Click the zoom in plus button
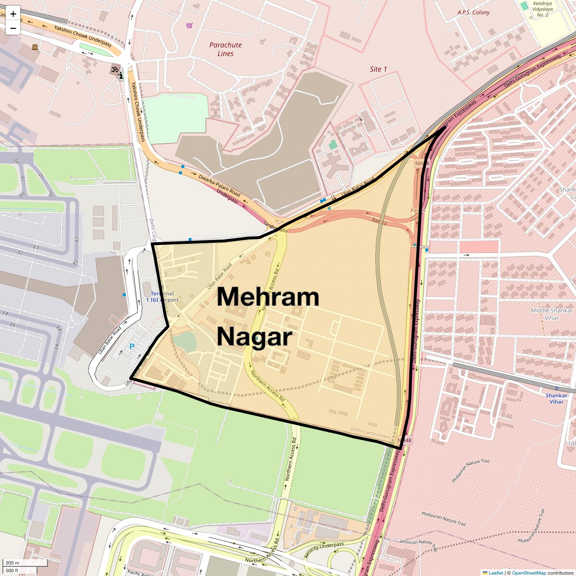tap(13, 13)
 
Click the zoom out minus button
tap(13, 28)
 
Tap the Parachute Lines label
tap(226, 49)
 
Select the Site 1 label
tap(378, 69)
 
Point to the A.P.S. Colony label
tap(473, 12)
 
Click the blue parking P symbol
tap(132, 346)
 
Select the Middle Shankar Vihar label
tap(552, 314)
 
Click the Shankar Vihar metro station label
tap(557, 398)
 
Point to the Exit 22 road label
tap(379, 221)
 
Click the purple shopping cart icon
tap(190, 25)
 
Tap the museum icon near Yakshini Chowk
tap(35, 47)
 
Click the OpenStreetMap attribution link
tap(528, 573)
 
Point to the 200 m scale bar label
tap(12, 563)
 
